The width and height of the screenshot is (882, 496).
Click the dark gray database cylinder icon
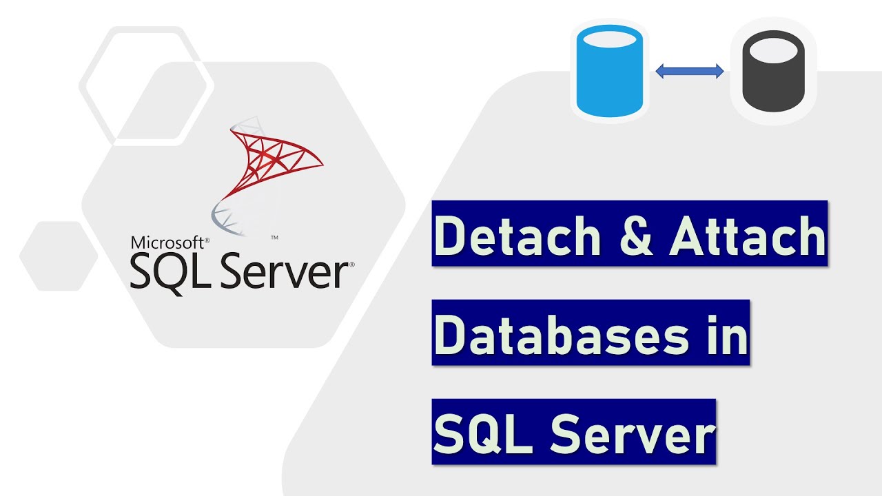[x=772, y=71]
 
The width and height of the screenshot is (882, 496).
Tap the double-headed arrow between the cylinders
[x=689, y=71]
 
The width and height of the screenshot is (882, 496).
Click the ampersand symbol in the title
[x=626, y=235]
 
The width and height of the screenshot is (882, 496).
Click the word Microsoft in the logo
[x=167, y=242]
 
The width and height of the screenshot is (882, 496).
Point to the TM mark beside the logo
[x=274, y=238]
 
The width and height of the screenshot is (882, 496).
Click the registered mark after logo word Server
[x=351, y=264]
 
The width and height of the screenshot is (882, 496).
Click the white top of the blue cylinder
[x=609, y=40]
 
